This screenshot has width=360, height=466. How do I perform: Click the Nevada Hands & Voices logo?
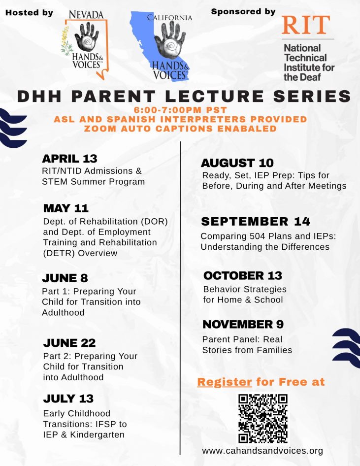click(x=85, y=44)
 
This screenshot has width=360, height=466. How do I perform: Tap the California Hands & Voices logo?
click(x=162, y=46)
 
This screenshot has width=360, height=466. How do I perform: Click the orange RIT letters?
click(x=306, y=25)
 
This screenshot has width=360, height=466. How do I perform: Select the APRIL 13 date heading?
click(x=69, y=159)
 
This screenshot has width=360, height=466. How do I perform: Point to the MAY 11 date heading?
click(x=66, y=208)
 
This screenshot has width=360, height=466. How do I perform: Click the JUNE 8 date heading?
click(x=65, y=278)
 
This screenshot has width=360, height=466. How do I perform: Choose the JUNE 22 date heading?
click(x=69, y=343)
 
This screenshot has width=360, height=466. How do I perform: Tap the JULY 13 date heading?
click(x=68, y=399)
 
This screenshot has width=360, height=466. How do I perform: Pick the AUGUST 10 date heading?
click(x=237, y=163)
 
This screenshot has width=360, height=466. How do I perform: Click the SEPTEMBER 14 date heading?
click(x=256, y=221)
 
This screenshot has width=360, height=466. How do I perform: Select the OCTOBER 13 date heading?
click(x=243, y=275)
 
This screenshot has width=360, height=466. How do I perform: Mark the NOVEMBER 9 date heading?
click(x=243, y=324)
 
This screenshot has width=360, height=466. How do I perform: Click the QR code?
click(x=263, y=418)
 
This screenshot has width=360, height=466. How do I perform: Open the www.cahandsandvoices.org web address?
click(x=262, y=451)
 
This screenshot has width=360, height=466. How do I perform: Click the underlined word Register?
click(x=225, y=382)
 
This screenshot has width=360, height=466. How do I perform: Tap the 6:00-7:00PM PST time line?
click(x=180, y=110)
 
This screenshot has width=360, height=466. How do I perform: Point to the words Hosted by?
click(x=30, y=13)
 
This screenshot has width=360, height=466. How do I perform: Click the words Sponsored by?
click(x=243, y=12)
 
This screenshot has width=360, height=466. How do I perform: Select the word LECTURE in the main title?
click(x=214, y=96)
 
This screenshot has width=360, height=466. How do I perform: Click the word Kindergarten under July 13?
click(x=97, y=435)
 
